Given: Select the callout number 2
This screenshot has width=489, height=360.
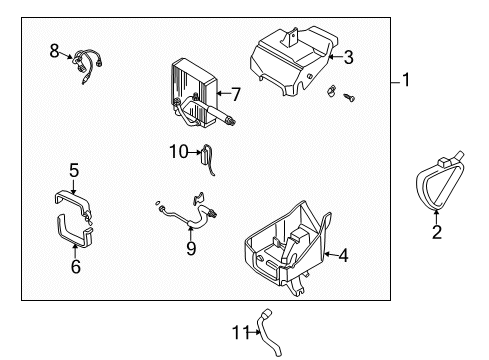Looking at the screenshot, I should pos(436,233).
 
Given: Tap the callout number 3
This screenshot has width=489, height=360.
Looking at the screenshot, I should pos(348,57).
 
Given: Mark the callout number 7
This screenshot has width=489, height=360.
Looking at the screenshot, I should pos(236,95).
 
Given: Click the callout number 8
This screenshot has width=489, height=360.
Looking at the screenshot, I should pos(55,50).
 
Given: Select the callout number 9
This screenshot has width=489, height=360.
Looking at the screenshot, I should pos(190,246).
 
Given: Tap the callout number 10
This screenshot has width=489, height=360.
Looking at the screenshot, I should pos(178,152).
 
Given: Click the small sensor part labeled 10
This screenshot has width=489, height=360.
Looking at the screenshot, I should pos(207,153).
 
